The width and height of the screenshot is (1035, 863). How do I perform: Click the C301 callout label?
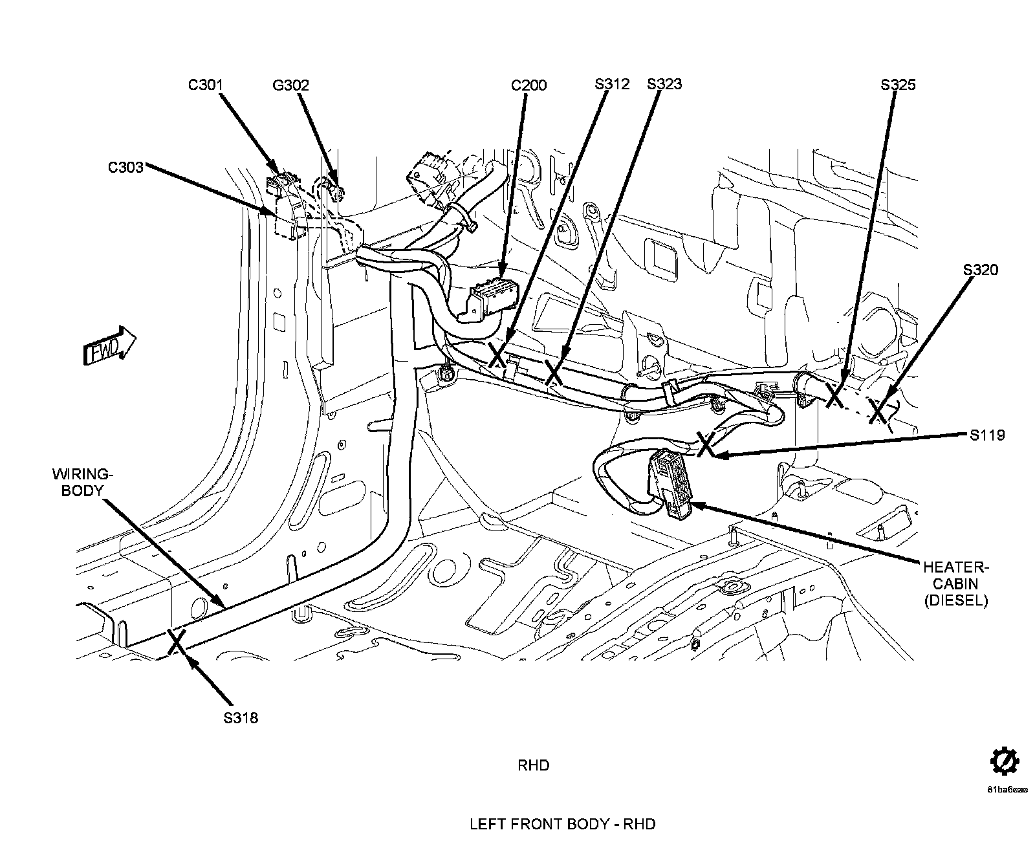point(206,85)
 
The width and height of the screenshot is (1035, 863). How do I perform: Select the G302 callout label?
point(290,85)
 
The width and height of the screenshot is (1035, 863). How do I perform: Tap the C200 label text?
point(528,85)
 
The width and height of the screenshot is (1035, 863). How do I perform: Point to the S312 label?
point(612,84)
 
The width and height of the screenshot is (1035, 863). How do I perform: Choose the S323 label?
point(664,84)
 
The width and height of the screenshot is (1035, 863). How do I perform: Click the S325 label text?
point(898,85)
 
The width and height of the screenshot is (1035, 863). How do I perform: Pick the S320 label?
point(981,270)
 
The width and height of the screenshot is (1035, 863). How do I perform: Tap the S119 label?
point(987,435)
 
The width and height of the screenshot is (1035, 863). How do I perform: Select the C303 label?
point(125,168)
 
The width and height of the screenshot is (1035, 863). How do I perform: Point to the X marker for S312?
point(497,355)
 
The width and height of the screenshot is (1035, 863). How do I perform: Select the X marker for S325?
point(835,395)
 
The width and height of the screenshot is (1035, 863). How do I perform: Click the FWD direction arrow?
point(110,349)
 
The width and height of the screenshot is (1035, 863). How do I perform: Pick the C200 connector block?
point(494,296)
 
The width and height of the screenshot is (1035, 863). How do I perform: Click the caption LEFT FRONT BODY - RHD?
point(562,824)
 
